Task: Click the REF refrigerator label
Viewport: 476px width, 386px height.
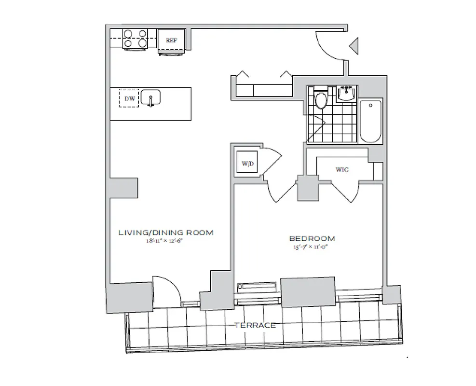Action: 172,41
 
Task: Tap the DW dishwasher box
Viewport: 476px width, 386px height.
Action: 129,98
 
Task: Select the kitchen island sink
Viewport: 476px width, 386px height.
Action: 151,98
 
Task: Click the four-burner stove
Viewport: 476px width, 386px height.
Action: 135,39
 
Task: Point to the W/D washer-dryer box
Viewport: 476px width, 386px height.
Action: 248,164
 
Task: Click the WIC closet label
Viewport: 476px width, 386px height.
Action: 342,170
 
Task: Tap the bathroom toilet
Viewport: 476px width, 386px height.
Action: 321,100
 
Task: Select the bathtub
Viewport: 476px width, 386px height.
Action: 371,121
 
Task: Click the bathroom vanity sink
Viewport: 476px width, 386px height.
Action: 347,93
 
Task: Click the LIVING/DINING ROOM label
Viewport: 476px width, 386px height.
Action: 166,233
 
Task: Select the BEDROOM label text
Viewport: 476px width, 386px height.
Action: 312,238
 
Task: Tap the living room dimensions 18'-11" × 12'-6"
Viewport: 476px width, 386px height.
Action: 165,241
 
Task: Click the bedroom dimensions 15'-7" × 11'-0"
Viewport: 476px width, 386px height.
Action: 312,247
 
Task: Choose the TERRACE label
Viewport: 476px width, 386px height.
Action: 255,325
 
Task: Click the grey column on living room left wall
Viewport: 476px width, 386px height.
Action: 123,187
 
